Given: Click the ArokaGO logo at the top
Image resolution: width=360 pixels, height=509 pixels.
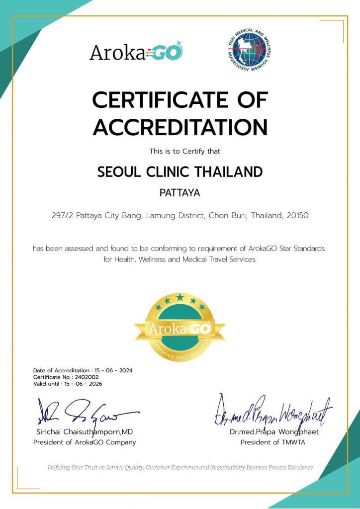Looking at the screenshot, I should [x=136, y=52].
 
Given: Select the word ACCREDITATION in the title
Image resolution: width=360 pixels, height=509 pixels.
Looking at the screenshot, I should [x=180, y=128].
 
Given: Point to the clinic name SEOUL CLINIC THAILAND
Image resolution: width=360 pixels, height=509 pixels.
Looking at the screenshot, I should [x=180, y=172].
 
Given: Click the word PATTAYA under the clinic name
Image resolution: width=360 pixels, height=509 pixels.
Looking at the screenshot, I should [x=180, y=193].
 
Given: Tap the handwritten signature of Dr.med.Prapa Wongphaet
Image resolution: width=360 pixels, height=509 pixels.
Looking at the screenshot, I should [x=273, y=411].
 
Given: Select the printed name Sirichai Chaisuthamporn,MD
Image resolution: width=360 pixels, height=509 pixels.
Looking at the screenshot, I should [x=85, y=431].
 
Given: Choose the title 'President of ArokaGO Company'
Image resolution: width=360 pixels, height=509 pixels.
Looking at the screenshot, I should [x=84, y=442].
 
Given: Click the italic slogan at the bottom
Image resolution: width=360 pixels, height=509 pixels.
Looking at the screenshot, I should [x=180, y=467].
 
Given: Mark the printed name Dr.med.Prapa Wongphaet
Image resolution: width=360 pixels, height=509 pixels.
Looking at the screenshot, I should [x=274, y=432].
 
